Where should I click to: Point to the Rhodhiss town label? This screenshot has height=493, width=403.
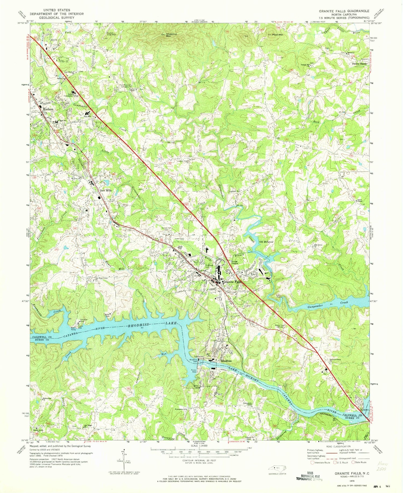click(226, 361)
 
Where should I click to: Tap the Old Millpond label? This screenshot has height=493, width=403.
click(266, 242)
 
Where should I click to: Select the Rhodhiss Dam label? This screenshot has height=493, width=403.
click(193, 361)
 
